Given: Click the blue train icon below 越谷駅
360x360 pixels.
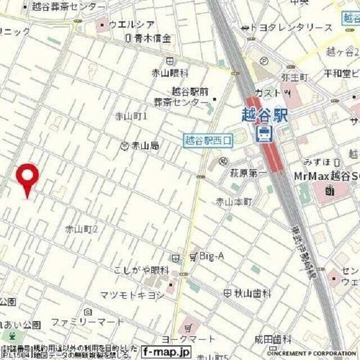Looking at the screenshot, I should click(263, 133).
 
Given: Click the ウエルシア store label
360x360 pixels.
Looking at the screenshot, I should click(132, 24).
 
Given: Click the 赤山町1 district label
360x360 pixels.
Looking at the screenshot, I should click(131, 116).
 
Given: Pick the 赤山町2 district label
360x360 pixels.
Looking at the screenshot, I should click(82, 229).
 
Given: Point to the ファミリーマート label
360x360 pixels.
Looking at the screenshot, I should click(87, 322).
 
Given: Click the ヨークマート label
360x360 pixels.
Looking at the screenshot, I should click(188, 339).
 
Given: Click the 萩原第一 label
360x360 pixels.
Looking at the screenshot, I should click(248, 174).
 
